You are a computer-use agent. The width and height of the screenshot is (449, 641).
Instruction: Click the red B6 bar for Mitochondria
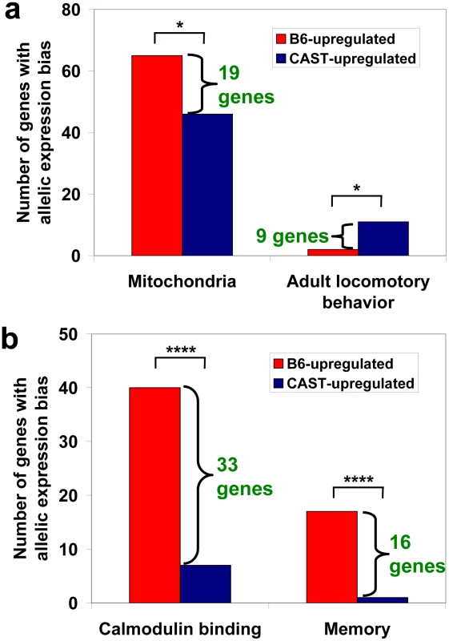[157, 155]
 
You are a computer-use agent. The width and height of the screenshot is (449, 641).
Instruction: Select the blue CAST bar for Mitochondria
[207, 185]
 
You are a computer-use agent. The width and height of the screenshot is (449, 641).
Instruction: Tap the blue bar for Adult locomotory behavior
[383, 239]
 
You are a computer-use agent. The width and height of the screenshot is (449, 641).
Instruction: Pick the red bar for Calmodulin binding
[154, 495]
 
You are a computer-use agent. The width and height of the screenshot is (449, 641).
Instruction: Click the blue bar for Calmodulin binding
[206, 584]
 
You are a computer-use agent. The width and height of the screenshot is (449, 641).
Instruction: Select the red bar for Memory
[332, 557]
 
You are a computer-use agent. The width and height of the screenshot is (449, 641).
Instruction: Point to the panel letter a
[11, 11]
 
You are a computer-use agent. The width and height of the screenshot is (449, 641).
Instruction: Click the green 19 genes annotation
[247, 86]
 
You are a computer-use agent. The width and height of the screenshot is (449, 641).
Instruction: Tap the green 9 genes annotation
[292, 236]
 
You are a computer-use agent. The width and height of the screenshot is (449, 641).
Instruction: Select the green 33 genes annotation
[244, 477]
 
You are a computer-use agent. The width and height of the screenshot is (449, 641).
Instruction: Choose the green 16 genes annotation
[417, 554]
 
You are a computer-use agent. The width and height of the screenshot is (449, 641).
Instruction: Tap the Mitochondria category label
[182, 281]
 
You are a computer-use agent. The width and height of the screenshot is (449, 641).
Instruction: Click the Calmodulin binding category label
[180, 629]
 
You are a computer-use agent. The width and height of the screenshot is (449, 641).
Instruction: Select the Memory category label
[357, 629]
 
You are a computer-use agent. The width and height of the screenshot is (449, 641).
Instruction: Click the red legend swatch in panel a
[281, 38]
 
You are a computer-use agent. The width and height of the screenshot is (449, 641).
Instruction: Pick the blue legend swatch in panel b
[278, 384]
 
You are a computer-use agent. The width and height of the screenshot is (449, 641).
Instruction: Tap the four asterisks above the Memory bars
[359, 479]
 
